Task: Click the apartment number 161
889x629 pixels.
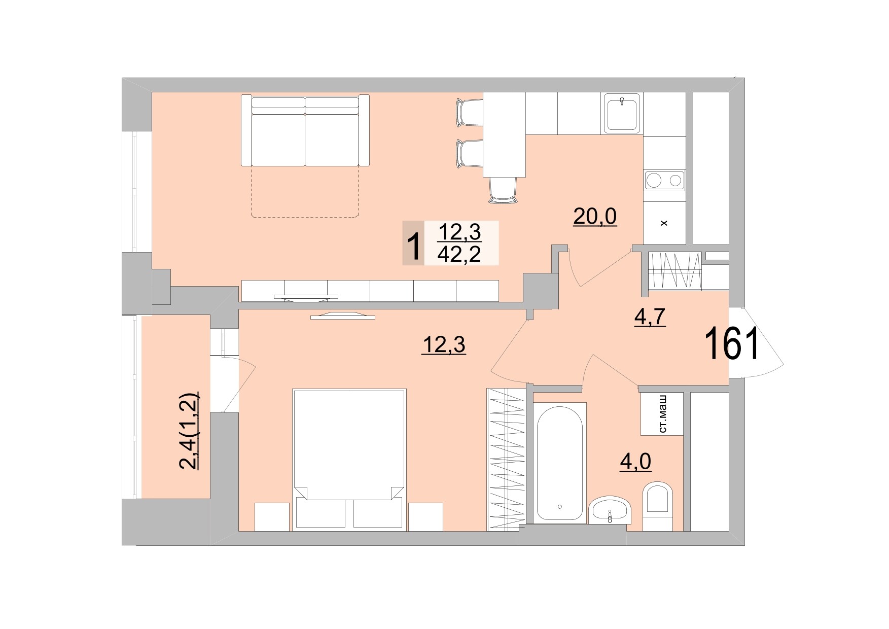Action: click(x=731, y=344)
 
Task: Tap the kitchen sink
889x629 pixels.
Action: click(x=622, y=113)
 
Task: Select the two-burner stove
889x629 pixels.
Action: click(x=664, y=180)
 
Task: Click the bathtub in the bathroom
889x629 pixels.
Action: click(x=560, y=462)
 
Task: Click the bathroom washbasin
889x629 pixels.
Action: click(x=610, y=510)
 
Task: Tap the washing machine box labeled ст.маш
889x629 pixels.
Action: click(x=662, y=413)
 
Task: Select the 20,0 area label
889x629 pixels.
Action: click(x=595, y=217)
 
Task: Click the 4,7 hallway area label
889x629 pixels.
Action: click(x=650, y=317)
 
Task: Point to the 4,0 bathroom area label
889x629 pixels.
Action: click(x=635, y=462)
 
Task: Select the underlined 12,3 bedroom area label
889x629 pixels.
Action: click(x=444, y=345)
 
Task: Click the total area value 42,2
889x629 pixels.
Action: click(x=459, y=254)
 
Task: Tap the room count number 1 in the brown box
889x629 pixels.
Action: click(x=413, y=244)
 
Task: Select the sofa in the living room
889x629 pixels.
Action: click(x=305, y=130)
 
